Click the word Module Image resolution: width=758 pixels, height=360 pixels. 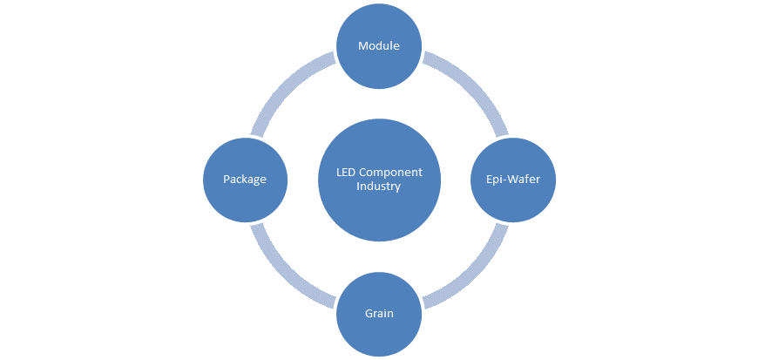point(379,46)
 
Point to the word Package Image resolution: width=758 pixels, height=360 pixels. point(244,180)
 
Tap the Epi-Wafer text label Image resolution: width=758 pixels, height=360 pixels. point(513,180)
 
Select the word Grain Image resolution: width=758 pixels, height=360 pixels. point(379,314)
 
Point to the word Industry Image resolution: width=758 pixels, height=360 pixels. point(379,187)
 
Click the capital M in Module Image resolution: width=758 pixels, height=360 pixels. point(363,46)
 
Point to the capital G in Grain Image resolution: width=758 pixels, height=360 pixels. point(368,314)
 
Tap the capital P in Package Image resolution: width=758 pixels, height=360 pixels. point(227,180)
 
